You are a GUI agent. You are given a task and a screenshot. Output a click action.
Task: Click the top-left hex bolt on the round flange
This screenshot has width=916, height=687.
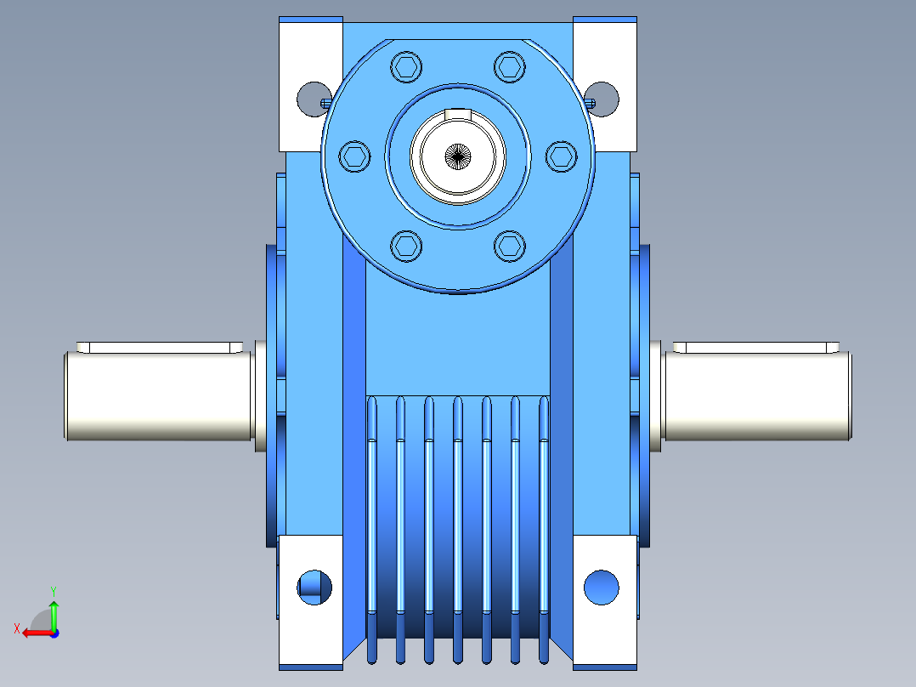click(406, 66)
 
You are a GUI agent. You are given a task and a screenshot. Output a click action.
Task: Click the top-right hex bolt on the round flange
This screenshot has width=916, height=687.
click(510, 66)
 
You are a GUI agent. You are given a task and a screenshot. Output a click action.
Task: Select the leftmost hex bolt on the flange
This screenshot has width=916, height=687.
click(354, 156)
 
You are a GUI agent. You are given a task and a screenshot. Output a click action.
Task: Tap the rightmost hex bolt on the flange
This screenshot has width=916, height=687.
click(562, 156)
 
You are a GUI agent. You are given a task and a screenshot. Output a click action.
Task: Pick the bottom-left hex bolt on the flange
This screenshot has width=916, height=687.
click(406, 247)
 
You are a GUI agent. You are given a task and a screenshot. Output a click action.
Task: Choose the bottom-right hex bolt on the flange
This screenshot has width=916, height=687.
click(510, 247)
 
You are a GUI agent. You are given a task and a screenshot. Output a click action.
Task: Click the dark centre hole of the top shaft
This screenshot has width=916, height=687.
click(458, 156)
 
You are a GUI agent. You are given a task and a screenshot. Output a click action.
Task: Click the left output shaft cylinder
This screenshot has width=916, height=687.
click(158, 396)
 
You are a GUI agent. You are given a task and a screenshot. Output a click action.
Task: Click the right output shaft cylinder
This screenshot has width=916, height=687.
click(758, 396)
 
